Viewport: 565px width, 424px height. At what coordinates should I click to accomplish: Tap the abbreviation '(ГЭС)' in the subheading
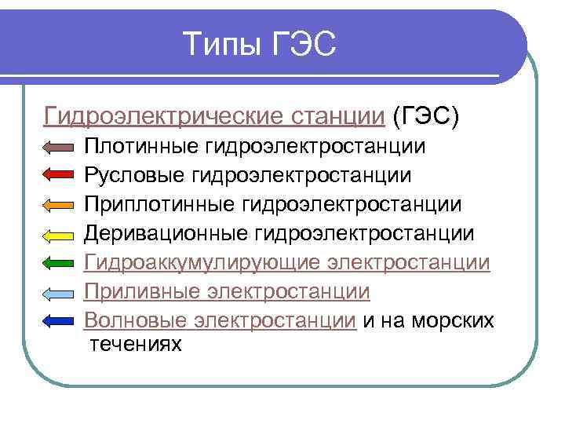pyautogui.click(x=425, y=117)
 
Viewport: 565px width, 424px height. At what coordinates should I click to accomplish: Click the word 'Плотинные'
pyautogui.click(x=142, y=147)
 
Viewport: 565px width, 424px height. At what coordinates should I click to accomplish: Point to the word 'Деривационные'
pyautogui.click(x=166, y=233)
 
